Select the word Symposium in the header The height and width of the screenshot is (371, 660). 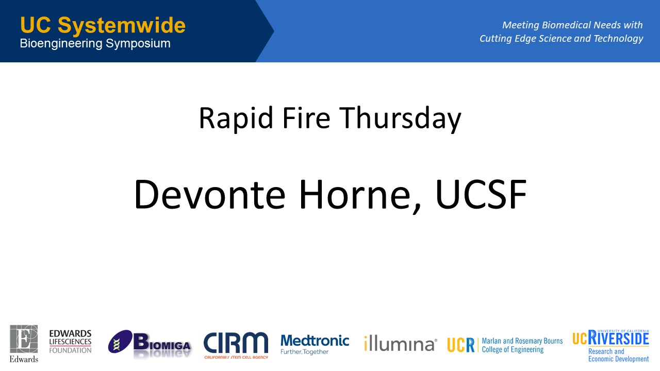(x=138, y=44)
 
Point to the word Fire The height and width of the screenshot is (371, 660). (x=306, y=117)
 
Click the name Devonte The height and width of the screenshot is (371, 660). (x=210, y=194)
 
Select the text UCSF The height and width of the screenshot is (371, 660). (x=481, y=194)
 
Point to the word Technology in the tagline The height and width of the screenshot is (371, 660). (x=618, y=39)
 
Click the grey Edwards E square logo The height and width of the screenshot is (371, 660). (x=24, y=339)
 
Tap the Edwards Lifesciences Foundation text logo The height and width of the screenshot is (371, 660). (x=70, y=342)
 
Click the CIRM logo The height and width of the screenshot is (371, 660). (x=236, y=345)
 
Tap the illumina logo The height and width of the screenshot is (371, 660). (x=401, y=343)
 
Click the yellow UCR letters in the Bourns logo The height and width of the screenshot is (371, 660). (x=461, y=345)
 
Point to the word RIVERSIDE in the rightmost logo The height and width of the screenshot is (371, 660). (x=618, y=338)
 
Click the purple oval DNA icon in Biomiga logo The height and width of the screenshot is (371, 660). (x=120, y=342)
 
